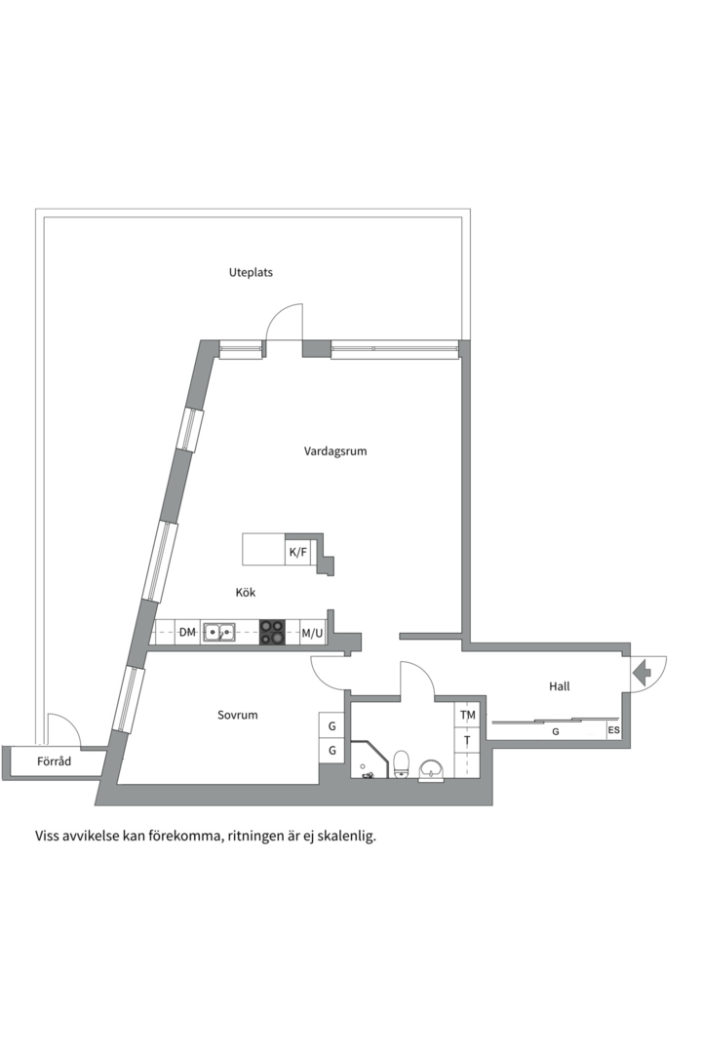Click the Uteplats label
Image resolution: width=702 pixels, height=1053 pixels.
[251, 272]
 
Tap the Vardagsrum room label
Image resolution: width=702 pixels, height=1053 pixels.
[335, 451]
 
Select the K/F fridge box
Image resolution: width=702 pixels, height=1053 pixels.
[297, 552]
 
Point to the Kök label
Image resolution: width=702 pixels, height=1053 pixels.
[246, 592]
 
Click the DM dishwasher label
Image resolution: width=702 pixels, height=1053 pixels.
[187, 633]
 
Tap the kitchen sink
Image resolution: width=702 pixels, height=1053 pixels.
[218, 633]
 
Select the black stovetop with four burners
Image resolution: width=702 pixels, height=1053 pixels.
[273, 633]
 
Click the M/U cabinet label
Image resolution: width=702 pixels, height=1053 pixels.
[312, 633]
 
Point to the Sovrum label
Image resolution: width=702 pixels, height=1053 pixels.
[238, 715]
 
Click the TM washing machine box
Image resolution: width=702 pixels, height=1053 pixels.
[468, 716]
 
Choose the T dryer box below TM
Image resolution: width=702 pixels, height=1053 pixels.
[468, 741]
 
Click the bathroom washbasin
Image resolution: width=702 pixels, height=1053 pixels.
[431, 771]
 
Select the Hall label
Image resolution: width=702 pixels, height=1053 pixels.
[560, 686]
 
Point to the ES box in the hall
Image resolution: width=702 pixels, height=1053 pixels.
[614, 730]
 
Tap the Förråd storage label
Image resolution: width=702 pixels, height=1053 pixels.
[55, 761]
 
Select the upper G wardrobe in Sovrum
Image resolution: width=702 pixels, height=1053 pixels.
[331, 726]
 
